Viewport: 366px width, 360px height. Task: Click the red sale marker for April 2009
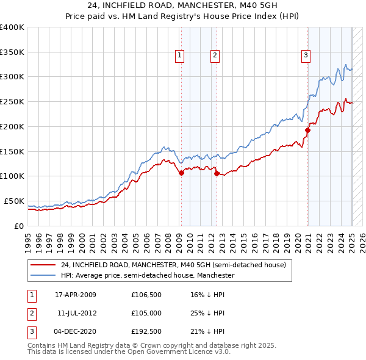click(181, 173)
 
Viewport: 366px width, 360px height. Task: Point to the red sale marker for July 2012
click(217, 174)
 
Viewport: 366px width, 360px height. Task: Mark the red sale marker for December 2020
click(308, 130)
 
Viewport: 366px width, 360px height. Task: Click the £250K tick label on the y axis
click(12, 101)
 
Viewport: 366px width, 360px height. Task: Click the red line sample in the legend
click(43, 265)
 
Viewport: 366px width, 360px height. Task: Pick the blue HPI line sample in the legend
click(43, 276)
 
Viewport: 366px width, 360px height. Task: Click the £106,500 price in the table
click(145, 295)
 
